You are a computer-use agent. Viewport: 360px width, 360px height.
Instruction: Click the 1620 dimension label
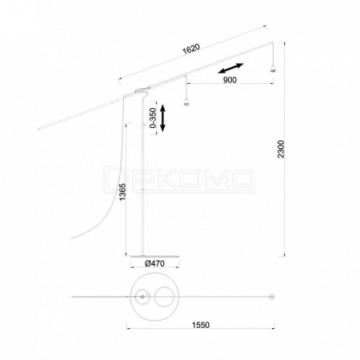[191, 49]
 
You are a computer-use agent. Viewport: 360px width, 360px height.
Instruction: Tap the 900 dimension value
[230, 80]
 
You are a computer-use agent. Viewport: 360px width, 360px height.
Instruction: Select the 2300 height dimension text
[281, 149]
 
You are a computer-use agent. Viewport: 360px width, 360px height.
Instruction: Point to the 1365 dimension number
[122, 192]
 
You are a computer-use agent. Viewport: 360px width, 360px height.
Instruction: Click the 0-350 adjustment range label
[153, 118]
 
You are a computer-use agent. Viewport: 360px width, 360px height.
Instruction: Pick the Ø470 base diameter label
[154, 263]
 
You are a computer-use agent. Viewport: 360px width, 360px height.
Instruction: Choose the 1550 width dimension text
[201, 325]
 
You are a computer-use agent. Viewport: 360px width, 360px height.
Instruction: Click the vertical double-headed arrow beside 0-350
[162, 118]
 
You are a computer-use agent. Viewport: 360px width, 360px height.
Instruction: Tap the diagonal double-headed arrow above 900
[230, 68]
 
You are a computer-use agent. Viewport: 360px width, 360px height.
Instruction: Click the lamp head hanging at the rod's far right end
[273, 69]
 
